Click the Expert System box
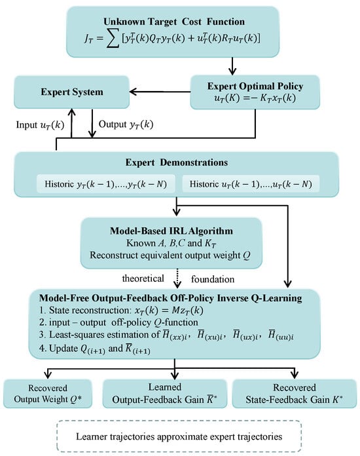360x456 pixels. (x=71, y=92)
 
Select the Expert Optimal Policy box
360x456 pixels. (x=255, y=92)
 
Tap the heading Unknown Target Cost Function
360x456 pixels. (x=174, y=22)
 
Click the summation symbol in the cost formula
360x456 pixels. (x=113, y=39)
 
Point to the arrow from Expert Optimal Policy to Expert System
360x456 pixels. (x=160, y=92)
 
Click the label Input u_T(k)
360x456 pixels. (x=40, y=124)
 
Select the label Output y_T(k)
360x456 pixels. (x=126, y=124)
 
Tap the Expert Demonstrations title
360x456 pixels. (x=176, y=162)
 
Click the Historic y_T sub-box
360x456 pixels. (x=106, y=184)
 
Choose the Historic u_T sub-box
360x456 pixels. (x=251, y=184)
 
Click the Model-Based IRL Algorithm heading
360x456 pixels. (x=171, y=231)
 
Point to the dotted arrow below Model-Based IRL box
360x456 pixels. (x=177, y=278)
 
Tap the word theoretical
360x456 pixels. (x=143, y=278)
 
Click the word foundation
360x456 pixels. (x=213, y=279)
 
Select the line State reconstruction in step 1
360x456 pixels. (x=121, y=311)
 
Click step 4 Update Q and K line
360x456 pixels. (x=95, y=349)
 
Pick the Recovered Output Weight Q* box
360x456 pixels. (x=48, y=394)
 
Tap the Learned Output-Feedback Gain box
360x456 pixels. (x=165, y=394)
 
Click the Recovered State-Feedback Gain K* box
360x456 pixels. (x=295, y=394)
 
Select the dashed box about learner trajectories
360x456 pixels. (x=179, y=436)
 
